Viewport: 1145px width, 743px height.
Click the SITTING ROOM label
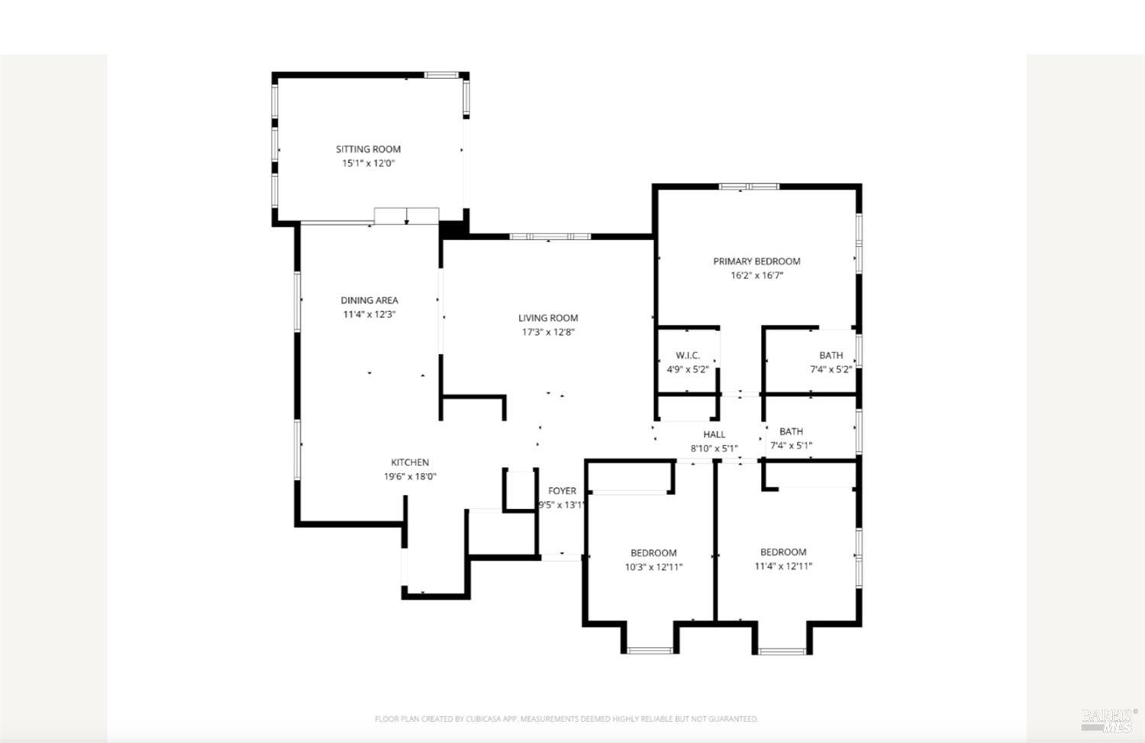[x=368, y=150]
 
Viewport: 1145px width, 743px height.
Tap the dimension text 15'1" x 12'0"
[x=368, y=163]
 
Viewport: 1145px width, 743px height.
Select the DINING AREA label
[x=369, y=301]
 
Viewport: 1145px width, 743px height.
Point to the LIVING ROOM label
[x=548, y=318]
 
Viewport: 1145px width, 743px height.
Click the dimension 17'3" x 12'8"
[x=548, y=332]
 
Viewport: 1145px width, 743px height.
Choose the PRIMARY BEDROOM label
[x=756, y=261]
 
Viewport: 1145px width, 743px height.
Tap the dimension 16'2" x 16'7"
[x=756, y=275]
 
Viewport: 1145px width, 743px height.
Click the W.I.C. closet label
[x=687, y=355]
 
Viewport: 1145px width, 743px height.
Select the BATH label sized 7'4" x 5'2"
[x=831, y=355]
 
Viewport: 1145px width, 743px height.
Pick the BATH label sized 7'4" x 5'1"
[x=791, y=432]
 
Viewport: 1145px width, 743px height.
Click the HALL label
[x=714, y=435]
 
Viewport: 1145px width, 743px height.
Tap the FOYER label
[x=562, y=491]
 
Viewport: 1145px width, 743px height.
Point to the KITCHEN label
[x=410, y=462]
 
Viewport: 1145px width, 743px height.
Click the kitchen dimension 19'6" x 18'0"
[x=410, y=477]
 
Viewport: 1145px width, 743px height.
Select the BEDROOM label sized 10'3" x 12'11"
[x=653, y=553]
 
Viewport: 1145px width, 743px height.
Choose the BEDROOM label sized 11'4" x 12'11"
[x=782, y=552]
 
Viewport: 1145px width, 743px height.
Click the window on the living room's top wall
[x=550, y=236]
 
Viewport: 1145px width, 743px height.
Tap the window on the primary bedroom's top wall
[x=749, y=186]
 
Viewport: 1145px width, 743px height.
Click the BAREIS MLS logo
[x=1108, y=719]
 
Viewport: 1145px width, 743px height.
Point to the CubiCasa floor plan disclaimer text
[x=566, y=719]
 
